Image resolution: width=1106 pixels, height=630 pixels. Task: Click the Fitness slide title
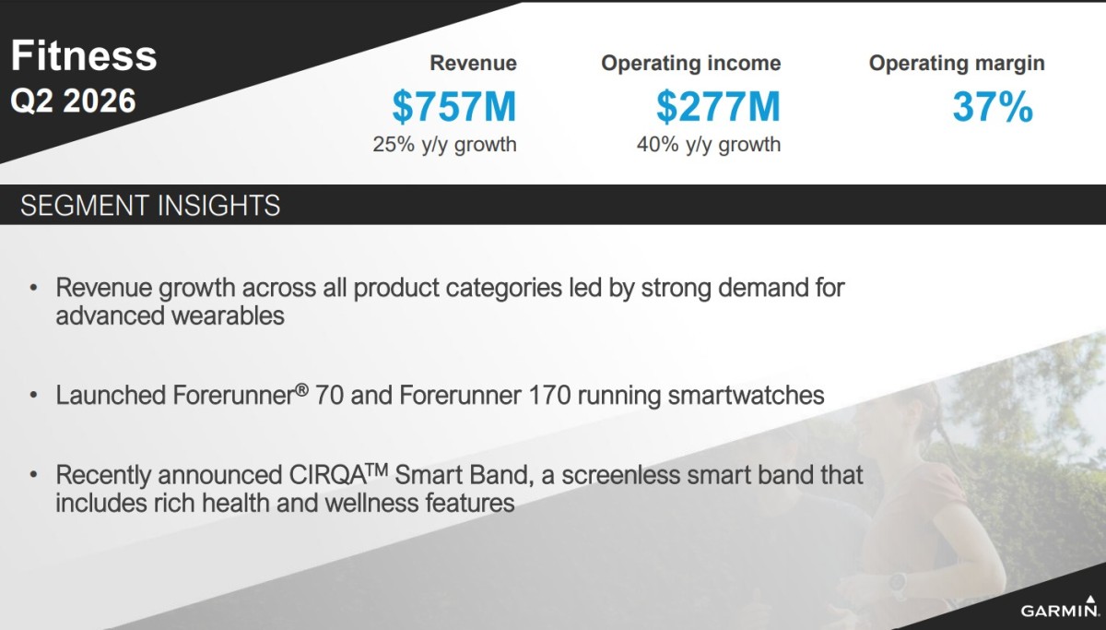[84, 55]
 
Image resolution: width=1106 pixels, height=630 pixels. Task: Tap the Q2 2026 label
[73, 101]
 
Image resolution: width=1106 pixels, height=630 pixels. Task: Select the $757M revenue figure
[454, 107]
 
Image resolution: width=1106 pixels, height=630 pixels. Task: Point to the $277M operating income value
[718, 107]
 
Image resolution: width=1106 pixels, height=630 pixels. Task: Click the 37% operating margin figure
[993, 107]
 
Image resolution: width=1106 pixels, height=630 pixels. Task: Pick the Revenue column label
[473, 64]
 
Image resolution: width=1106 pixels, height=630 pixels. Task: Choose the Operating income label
[690, 64]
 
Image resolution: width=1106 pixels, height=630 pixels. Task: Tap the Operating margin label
[957, 64]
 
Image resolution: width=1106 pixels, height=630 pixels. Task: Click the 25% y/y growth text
[444, 145]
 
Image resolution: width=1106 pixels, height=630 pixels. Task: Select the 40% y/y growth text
[709, 145]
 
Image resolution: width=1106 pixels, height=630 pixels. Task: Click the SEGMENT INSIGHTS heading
[150, 206]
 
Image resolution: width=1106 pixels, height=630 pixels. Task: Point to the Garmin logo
[1060, 607]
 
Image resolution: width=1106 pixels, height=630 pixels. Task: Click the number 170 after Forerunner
[549, 396]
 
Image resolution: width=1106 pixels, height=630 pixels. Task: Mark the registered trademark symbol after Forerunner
[302, 390]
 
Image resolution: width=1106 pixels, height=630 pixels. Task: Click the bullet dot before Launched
[33, 396]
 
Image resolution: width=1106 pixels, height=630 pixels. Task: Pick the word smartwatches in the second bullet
[746, 396]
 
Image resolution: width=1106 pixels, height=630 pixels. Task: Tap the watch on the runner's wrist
[898, 586]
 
